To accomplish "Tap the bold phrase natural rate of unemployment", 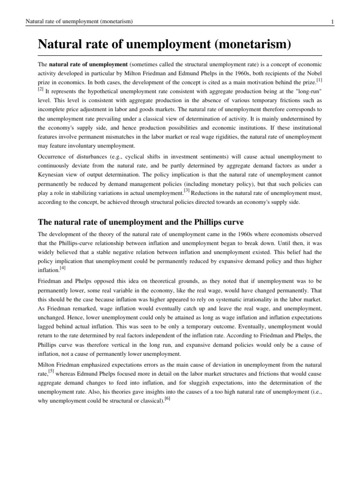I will [88, 64].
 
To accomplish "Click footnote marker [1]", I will [319, 82].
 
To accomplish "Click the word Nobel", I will [313, 74].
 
